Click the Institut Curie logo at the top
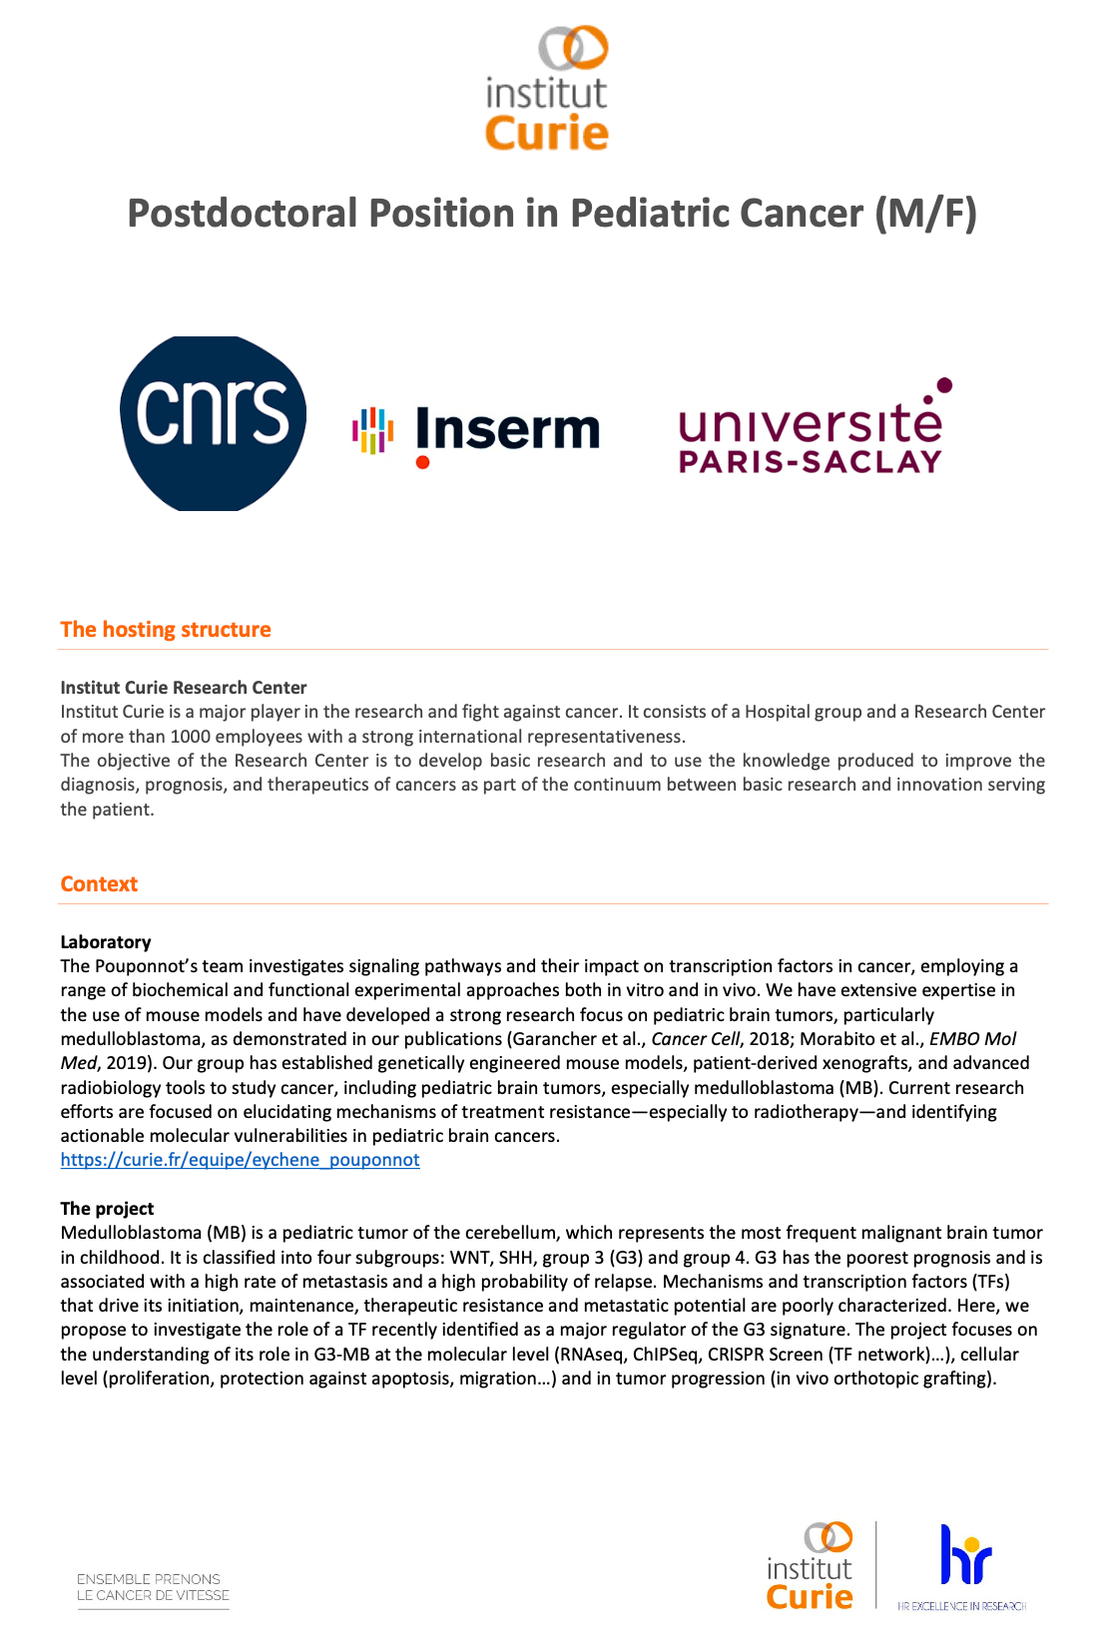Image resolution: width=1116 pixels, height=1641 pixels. coord(547,89)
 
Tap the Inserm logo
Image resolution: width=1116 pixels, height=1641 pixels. coord(477,432)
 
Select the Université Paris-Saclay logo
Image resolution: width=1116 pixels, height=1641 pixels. coord(812,430)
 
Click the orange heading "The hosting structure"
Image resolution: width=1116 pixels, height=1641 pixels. coord(166,630)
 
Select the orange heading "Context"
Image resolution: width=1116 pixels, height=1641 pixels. coord(99,884)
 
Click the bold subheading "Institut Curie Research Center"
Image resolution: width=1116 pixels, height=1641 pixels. coord(184,688)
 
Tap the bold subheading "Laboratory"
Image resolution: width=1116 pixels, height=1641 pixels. coord(106,942)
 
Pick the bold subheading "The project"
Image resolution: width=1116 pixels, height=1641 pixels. coord(107,1209)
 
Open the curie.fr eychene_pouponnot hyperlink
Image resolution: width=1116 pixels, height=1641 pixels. coord(240,1160)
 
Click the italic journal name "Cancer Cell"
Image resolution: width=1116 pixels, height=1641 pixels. coord(695,1039)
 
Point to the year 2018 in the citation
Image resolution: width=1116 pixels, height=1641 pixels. coord(768,1039)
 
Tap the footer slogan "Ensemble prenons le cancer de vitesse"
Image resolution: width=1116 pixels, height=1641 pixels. coord(153,1587)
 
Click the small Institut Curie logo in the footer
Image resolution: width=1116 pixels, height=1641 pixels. coord(810,1565)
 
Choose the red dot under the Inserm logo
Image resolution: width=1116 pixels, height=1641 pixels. coord(422,462)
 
